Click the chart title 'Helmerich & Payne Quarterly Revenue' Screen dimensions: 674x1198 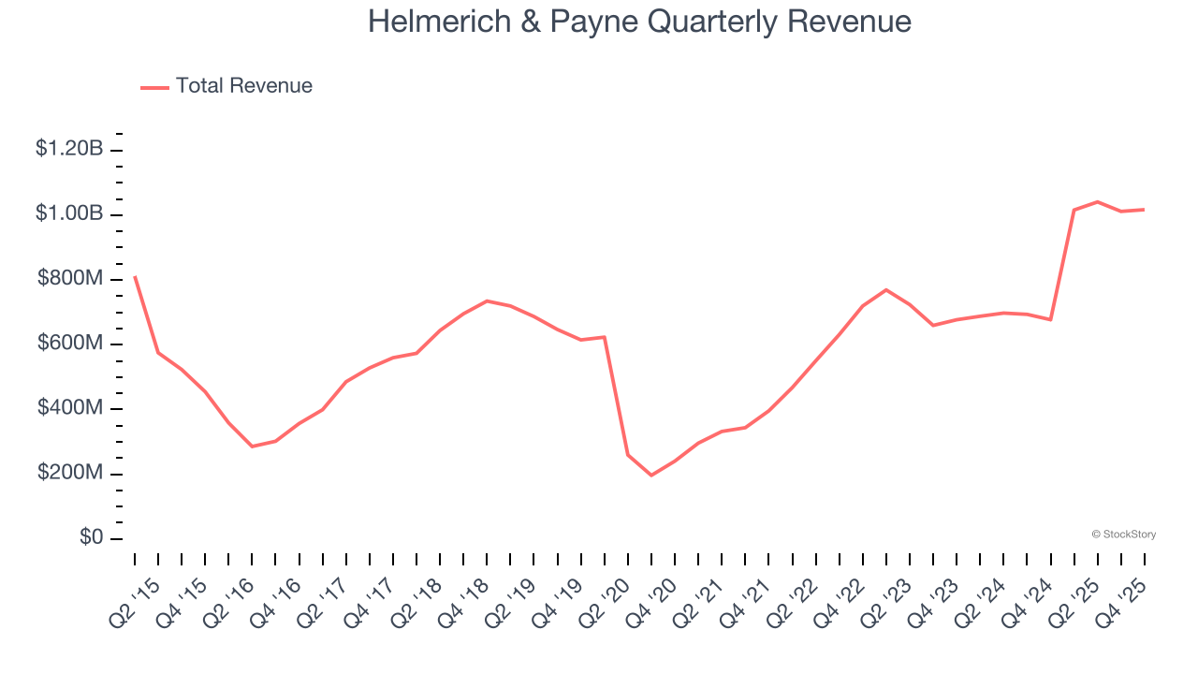click(639, 22)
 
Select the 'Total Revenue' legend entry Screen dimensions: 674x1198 click(243, 86)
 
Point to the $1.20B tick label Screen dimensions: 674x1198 click(69, 148)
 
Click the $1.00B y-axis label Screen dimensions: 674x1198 click(69, 213)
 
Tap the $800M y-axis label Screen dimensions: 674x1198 click(69, 278)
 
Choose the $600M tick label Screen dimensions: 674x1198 click(69, 344)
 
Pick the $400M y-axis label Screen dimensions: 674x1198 click(69, 408)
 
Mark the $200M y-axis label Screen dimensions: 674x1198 click(69, 473)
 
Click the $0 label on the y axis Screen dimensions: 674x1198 click(91, 538)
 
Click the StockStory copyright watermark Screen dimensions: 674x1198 click(1123, 535)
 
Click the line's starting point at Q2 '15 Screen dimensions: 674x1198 click(135, 276)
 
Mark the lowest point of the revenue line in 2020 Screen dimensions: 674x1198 click(651, 476)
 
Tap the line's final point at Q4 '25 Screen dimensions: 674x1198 click(1144, 210)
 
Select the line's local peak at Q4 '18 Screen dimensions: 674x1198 click(487, 300)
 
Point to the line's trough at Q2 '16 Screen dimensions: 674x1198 click(252, 447)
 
